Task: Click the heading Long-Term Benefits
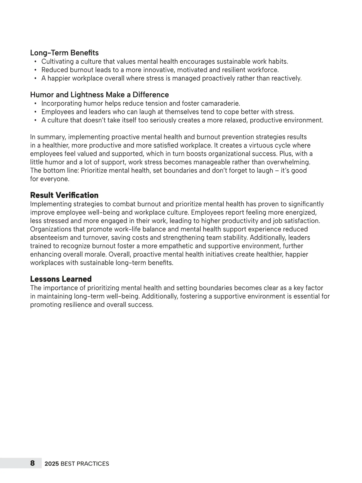[x=64, y=53]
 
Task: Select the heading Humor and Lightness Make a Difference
[x=99, y=95]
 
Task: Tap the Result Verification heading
[x=64, y=195]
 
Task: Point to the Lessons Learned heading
[x=61, y=279]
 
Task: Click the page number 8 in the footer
[x=32, y=463]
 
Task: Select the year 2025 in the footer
[x=52, y=464]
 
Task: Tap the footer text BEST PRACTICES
[x=85, y=464]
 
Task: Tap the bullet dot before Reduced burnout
[x=35, y=70]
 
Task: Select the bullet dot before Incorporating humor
[x=35, y=104]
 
